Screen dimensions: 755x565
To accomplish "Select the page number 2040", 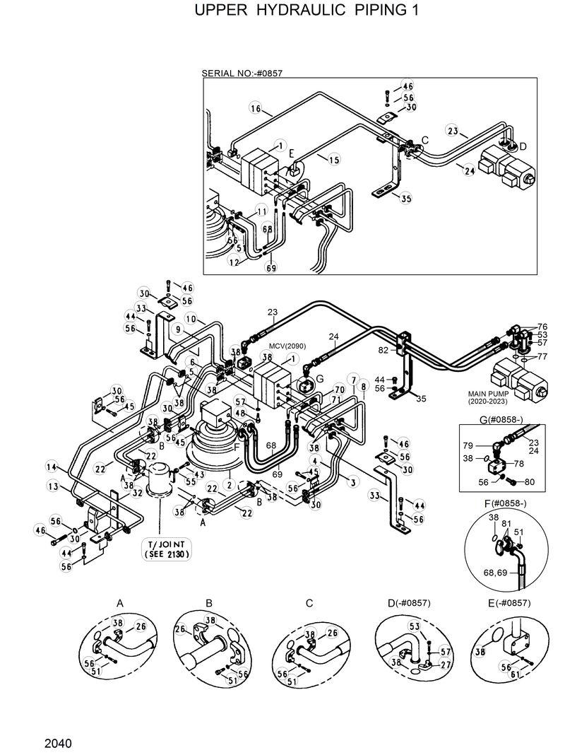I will [58, 743].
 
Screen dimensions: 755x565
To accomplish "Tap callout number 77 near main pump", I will [542, 357].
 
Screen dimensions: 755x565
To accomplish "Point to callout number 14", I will [51, 467].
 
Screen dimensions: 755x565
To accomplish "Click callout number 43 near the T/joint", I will [199, 474].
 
